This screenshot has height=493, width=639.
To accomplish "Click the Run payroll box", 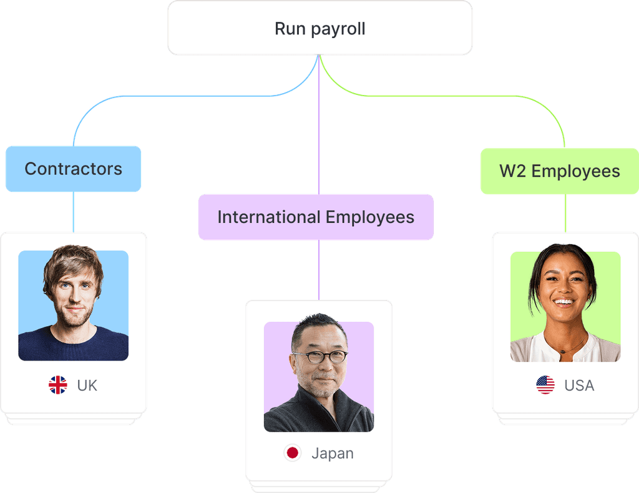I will click(319, 29).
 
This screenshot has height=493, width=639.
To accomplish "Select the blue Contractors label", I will click(74, 169).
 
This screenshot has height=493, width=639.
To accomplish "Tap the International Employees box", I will click(316, 217).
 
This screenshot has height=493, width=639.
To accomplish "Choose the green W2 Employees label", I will click(559, 171).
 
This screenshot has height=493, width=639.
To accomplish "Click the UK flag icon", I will click(58, 385).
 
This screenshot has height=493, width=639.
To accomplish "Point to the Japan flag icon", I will click(292, 453).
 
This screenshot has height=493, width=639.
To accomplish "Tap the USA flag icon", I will click(545, 385).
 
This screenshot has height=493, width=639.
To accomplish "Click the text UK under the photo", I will click(87, 386).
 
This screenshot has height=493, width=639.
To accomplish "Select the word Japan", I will click(332, 454).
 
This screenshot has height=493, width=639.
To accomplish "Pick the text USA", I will click(579, 386).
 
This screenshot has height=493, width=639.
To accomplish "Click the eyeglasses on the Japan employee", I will click(319, 357).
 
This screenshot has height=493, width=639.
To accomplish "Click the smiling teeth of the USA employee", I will click(564, 302).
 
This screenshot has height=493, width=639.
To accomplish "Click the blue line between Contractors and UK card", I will click(73, 212).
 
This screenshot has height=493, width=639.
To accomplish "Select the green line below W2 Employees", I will click(566, 212).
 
